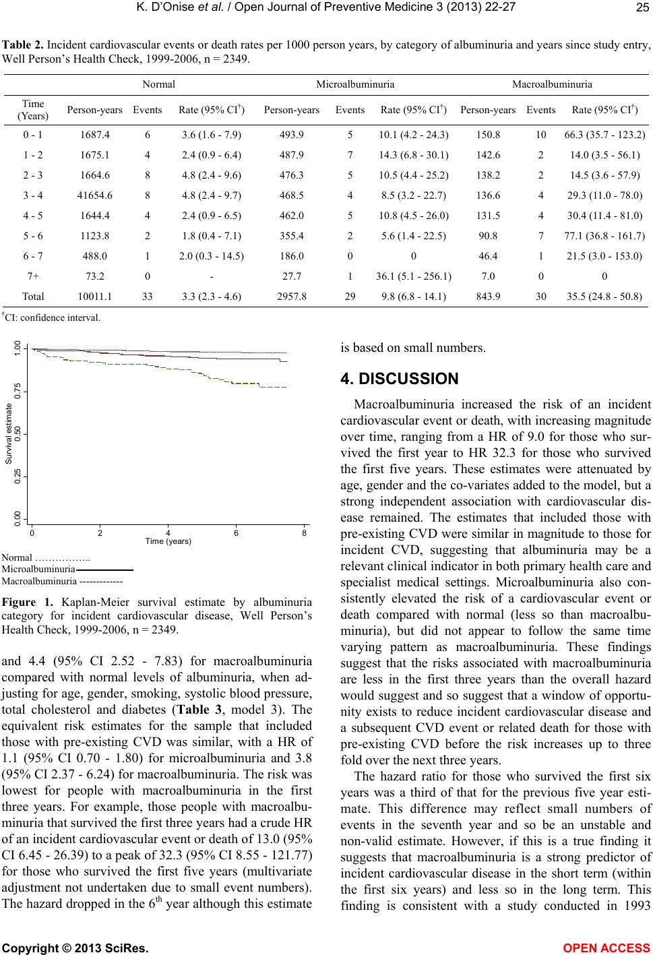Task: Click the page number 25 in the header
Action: (642, 7)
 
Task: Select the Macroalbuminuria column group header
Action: (552, 84)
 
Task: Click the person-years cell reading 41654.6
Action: (94, 195)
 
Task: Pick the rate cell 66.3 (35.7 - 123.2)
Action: (604, 135)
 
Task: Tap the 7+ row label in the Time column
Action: (33, 277)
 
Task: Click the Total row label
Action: (33, 297)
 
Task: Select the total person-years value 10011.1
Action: (94, 297)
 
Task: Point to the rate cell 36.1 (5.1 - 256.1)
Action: (414, 277)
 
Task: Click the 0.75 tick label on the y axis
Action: (18, 391)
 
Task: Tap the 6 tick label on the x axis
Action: (236, 533)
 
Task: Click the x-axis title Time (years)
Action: (168, 541)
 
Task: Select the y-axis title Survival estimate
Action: (8, 434)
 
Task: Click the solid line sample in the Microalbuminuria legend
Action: (104, 569)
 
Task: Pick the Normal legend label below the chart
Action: (17, 557)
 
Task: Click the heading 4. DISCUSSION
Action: (400, 379)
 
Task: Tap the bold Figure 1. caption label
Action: (28, 602)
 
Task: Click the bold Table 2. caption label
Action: (23, 45)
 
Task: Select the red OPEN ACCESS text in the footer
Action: (607, 948)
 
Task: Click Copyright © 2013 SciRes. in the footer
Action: (75, 948)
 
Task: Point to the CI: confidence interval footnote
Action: (51, 317)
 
